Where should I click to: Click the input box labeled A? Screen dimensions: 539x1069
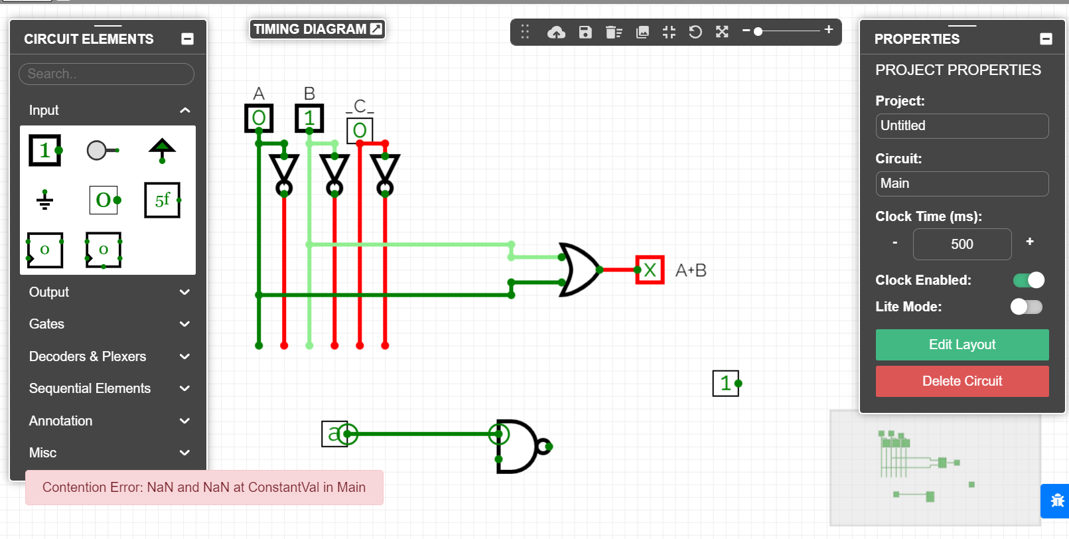tap(259, 118)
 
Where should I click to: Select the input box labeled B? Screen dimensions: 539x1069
tap(309, 118)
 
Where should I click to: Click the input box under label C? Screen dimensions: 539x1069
tap(360, 130)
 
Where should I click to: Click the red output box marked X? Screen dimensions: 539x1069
tap(650, 269)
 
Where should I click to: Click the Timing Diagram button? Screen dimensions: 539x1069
tap(317, 29)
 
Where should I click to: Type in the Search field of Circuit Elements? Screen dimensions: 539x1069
tap(106, 74)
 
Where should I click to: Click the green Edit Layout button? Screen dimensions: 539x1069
tap(962, 345)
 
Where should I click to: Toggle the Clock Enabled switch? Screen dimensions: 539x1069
tap(1028, 280)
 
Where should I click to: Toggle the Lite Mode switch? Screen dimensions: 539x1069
tap(1026, 307)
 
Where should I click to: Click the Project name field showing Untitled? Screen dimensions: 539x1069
tap(962, 126)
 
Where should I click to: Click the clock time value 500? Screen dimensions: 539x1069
tap(962, 244)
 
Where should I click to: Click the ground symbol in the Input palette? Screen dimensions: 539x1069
tap(44, 200)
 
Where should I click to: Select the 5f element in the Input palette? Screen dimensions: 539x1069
tap(163, 200)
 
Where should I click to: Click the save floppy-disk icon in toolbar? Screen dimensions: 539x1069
tap(585, 32)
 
